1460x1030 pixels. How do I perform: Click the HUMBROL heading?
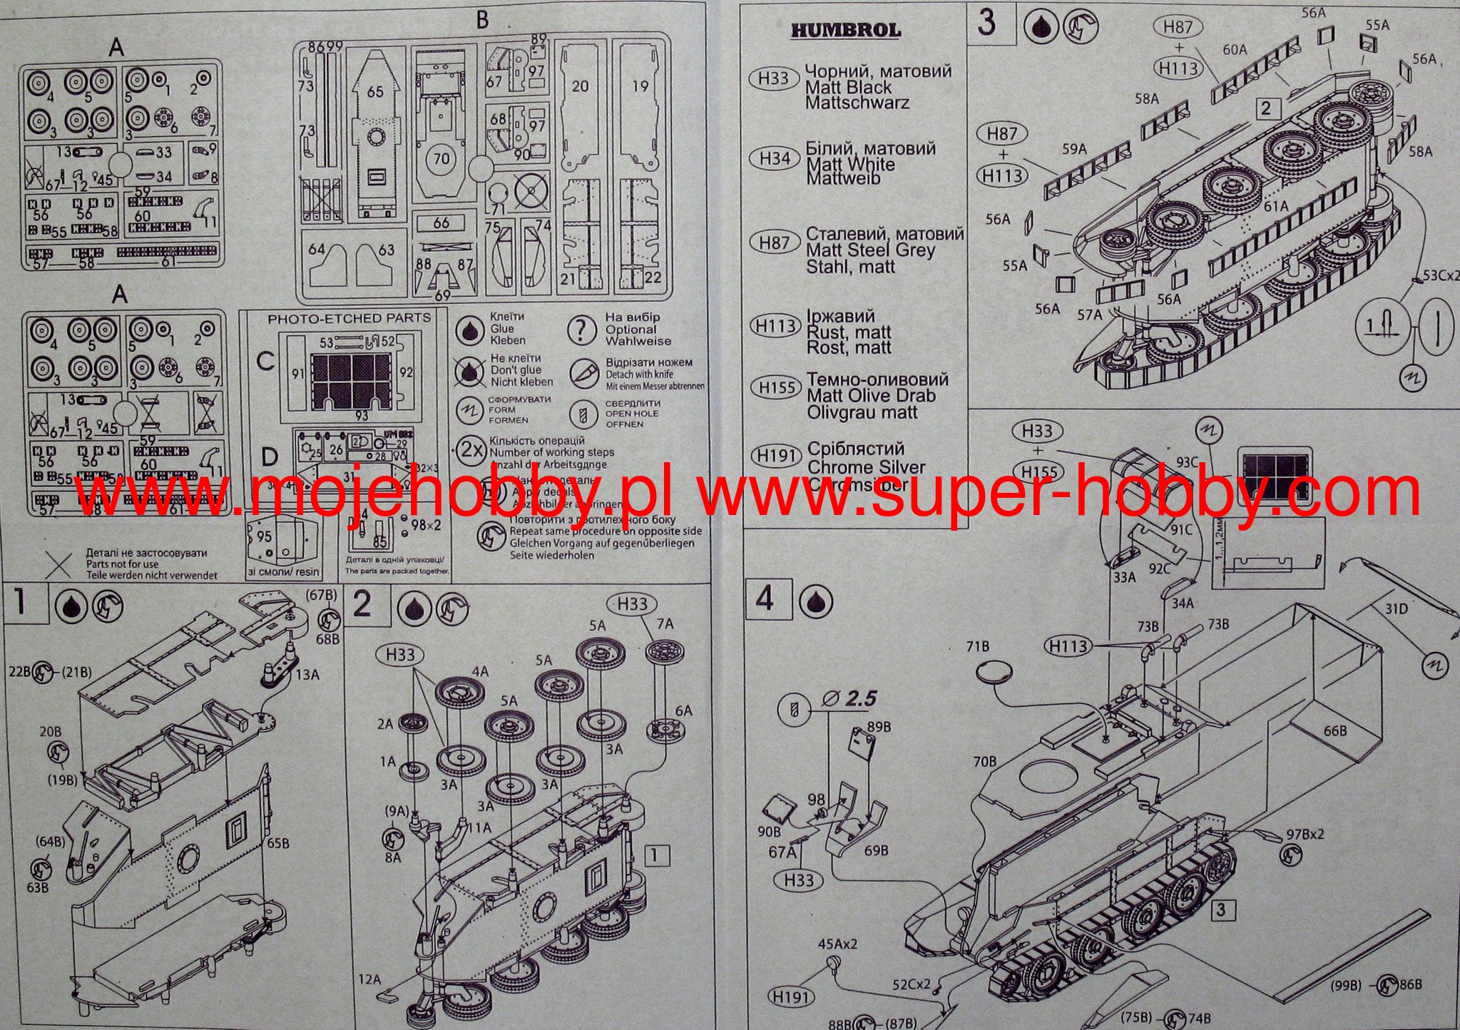(845, 30)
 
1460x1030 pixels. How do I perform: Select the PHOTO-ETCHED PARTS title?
(349, 318)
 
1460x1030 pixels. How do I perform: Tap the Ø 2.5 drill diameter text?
(849, 698)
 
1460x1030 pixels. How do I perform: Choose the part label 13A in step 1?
(308, 674)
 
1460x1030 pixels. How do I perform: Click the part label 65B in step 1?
(278, 842)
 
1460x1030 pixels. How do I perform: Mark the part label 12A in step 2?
(370, 979)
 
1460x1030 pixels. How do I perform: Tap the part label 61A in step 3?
(1276, 206)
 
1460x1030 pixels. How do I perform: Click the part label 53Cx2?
(1436, 275)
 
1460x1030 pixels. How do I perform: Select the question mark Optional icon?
(582, 330)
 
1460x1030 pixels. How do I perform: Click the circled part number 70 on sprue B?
(442, 158)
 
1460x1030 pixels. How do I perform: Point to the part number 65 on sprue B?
(375, 91)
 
